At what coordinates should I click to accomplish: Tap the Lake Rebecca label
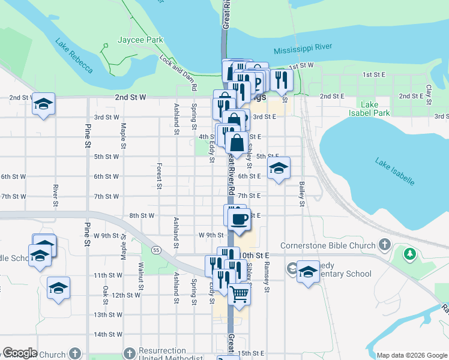pyautogui.click(x=74, y=56)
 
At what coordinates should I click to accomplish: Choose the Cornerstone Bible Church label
pyautogui.click(x=328, y=245)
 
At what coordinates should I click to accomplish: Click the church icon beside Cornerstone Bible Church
pyautogui.click(x=385, y=245)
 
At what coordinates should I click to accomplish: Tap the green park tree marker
pyautogui.click(x=410, y=254)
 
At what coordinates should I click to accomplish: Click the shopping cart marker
pyautogui.click(x=239, y=295)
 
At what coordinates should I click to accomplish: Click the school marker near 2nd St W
pyautogui.click(x=43, y=105)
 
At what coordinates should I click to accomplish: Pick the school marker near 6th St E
pyautogui.click(x=278, y=169)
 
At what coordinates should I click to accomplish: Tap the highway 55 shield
pyautogui.click(x=156, y=249)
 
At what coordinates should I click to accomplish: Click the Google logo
pyautogui.click(x=20, y=353)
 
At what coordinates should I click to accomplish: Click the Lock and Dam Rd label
pyautogui.click(x=179, y=73)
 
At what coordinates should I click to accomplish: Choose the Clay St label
pyautogui.click(x=429, y=94)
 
